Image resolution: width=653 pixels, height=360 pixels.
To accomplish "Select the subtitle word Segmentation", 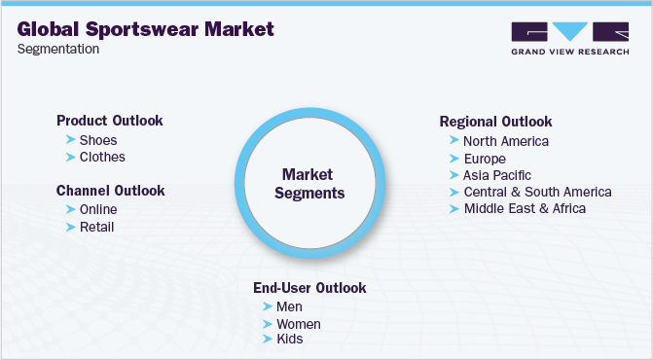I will (x=57, y=49).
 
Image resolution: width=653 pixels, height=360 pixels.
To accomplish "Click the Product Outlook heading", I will (x=109, y=121).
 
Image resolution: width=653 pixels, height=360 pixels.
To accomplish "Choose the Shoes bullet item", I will (x=98, y=140).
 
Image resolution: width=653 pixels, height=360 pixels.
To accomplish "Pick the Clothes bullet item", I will (x=102, y=157).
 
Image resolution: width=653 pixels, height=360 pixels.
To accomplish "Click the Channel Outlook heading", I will (x=110, y=191).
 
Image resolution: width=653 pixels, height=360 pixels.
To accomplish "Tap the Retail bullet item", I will (x=97, y=227).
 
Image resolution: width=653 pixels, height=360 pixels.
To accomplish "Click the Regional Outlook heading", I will (x=495, y=122).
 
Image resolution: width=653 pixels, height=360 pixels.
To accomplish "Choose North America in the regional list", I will (x=506, y=141).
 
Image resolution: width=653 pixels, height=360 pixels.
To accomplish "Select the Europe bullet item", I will (x=485, y=159).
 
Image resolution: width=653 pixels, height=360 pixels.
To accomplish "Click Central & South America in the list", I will (x=537, y=192).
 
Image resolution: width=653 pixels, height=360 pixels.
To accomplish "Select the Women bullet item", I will (x=299, y=324).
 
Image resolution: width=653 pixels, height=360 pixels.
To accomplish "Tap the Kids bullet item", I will (x=290, y=340).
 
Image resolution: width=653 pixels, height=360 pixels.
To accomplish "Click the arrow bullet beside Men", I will (x=267, y=307).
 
